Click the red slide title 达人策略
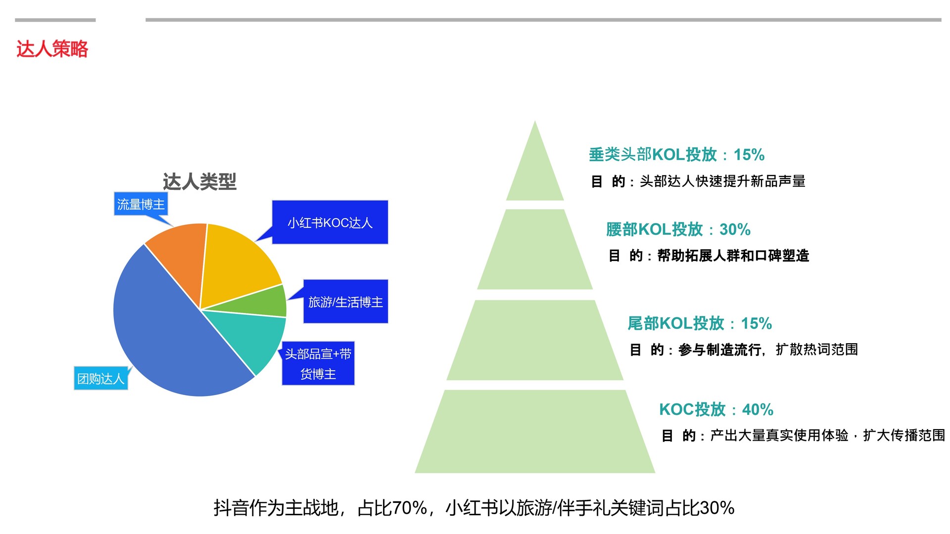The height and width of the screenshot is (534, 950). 52,49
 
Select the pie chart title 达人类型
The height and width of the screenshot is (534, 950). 199,181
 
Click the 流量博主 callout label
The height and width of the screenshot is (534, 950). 141,204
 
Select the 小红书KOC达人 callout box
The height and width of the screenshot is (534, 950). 330,222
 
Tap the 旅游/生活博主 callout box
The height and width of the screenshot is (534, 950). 345,302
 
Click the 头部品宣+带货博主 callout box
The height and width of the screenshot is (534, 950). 318,363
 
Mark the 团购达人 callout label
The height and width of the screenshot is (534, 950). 101,378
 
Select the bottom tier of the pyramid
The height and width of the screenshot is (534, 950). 535,432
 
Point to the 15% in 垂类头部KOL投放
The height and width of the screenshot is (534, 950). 749,155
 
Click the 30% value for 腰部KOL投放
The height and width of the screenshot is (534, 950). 735,229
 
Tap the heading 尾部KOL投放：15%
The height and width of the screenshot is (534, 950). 700,323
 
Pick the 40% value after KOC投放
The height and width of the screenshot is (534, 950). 758,409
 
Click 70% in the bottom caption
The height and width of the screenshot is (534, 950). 410,508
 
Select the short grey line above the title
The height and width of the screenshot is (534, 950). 55,20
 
